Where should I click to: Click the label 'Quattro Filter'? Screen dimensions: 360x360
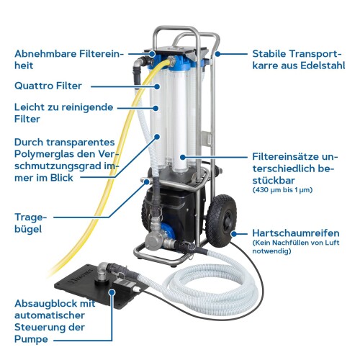point(51,86)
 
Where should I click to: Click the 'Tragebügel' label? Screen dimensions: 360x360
point(30,222)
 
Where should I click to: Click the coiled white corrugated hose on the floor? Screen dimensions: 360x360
point(216,288)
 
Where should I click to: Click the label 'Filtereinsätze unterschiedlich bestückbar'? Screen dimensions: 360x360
point(300,165)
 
